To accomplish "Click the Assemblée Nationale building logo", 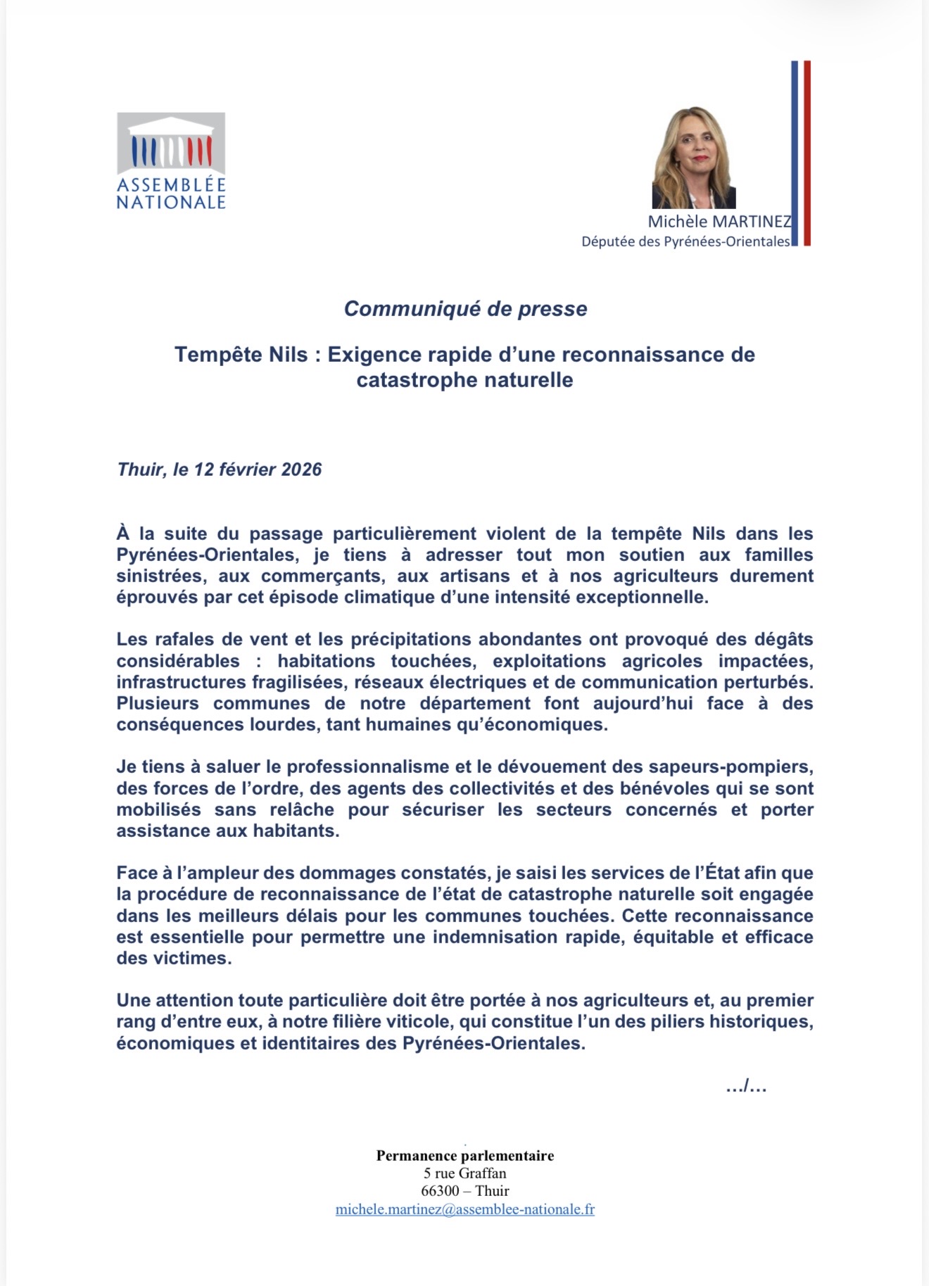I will pyautogui.click(x=171, y=144).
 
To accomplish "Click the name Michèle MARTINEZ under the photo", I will pyautogui.click(x=719, y=222).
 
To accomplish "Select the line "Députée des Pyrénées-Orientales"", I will pyautogui.click(x=685, y=242).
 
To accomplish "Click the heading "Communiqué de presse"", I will pyautogui.click(x=465, y=309).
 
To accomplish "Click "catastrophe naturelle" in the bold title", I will pyautogui.click(x=464, y=380).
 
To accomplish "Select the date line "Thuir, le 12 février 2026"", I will pyautogui.click(x=220, y=469).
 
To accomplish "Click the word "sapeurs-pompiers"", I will pyautogui.click(x=733, y=767).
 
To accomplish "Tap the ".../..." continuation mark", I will pyautogui.click(x=746, y=1087).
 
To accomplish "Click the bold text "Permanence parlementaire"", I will pyautogui.click(x=465, y=1156).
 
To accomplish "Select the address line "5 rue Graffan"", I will pyautogui.click(x=465, y=1173).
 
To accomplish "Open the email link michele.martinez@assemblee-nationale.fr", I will pyautogui.click(x=465, y=1209).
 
